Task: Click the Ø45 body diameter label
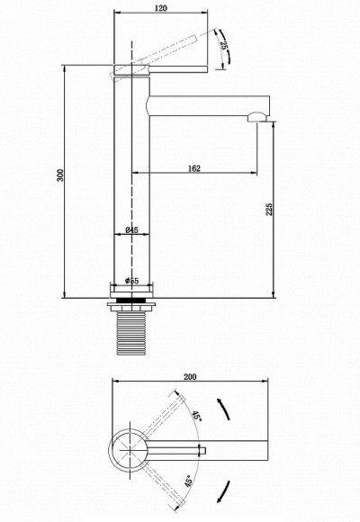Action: tap(130, 230)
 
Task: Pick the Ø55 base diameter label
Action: tap(130, 282)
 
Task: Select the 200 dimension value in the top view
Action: tap(189, 378)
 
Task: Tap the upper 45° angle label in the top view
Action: tap(195, 417)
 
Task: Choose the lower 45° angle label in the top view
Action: tap(187, 481)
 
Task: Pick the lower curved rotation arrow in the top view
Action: tap(225, 491)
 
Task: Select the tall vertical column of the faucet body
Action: tap(130, 180)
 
